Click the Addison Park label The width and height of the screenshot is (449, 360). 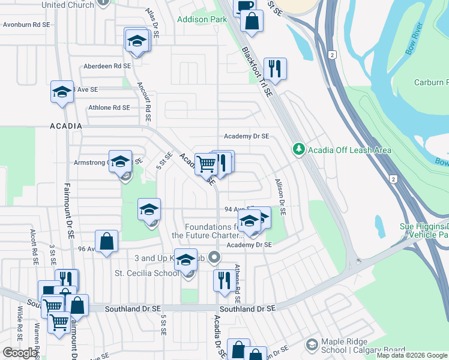pos(202,19)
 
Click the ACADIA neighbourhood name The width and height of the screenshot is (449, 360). pos(65,126)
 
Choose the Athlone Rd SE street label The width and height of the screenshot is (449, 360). pos(109,107)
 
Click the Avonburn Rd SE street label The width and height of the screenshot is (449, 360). pos(25,25)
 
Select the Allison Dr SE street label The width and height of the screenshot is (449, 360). pos(280,196)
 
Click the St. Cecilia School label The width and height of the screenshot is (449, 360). pos(147,274)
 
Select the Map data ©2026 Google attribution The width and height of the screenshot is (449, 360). pos(412,356)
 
